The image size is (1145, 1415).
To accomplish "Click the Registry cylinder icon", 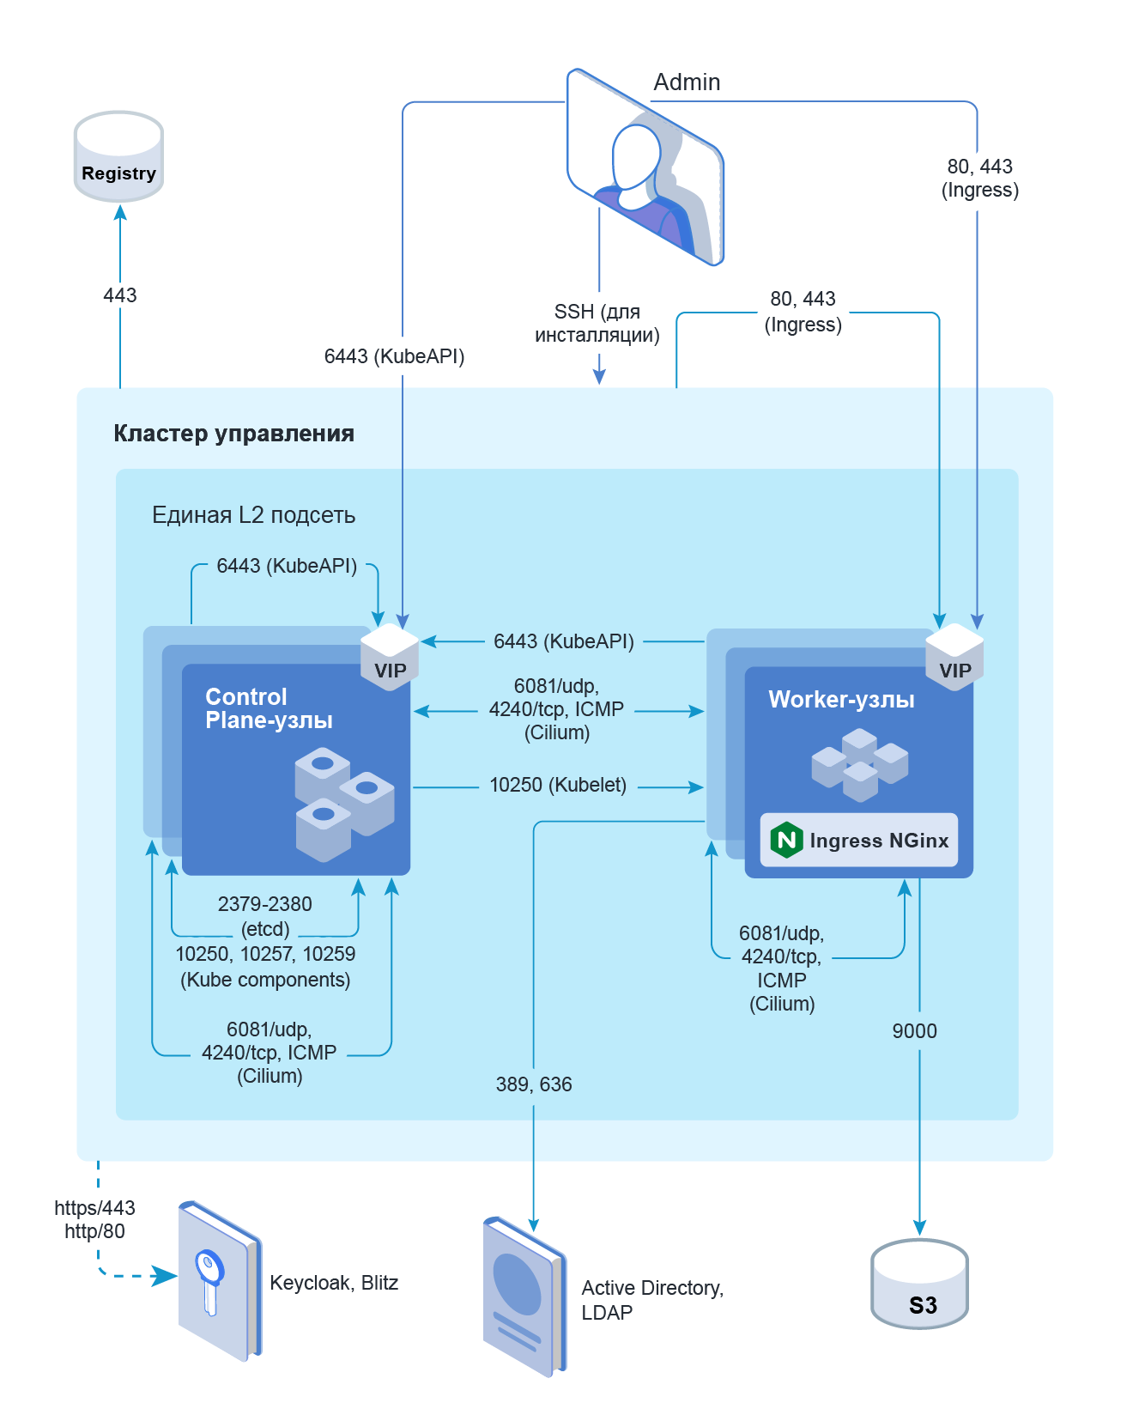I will [x=118, y=157].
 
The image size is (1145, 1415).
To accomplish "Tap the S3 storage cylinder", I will [x=919, y=1284].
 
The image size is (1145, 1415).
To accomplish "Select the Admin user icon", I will [x=645, y=167].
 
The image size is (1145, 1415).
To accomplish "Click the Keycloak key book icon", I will [x=218, y=1279].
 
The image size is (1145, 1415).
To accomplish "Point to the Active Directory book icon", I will [x=524, y=1297].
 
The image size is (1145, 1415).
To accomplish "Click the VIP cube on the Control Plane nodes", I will [x=390, y=656].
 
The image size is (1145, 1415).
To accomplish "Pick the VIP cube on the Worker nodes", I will [x=954, y=656].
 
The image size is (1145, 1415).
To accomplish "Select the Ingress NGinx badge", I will [x=858, y=840].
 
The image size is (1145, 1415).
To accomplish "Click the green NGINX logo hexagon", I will [x=786, y=840].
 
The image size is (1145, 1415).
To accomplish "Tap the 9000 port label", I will [x=914, y=1031].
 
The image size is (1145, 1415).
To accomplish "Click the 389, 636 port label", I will [x=534, y=1084].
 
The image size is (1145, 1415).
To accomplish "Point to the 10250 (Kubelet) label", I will [x=558, y=785].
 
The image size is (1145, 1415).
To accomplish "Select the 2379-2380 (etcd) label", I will [x=265, y=916].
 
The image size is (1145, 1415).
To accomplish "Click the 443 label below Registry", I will [x=120, y=295].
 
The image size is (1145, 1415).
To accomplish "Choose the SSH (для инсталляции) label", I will [x=597, y=324].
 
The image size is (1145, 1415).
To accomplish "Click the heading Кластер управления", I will [x=233, y=434].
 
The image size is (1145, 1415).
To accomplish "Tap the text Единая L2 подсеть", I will [x=253, y=515].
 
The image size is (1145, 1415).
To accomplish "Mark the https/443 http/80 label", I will [x=94, y=1219].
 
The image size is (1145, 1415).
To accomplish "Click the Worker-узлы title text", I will [x=841, y=700].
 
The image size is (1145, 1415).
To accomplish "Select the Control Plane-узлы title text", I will [x=269, y=708].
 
